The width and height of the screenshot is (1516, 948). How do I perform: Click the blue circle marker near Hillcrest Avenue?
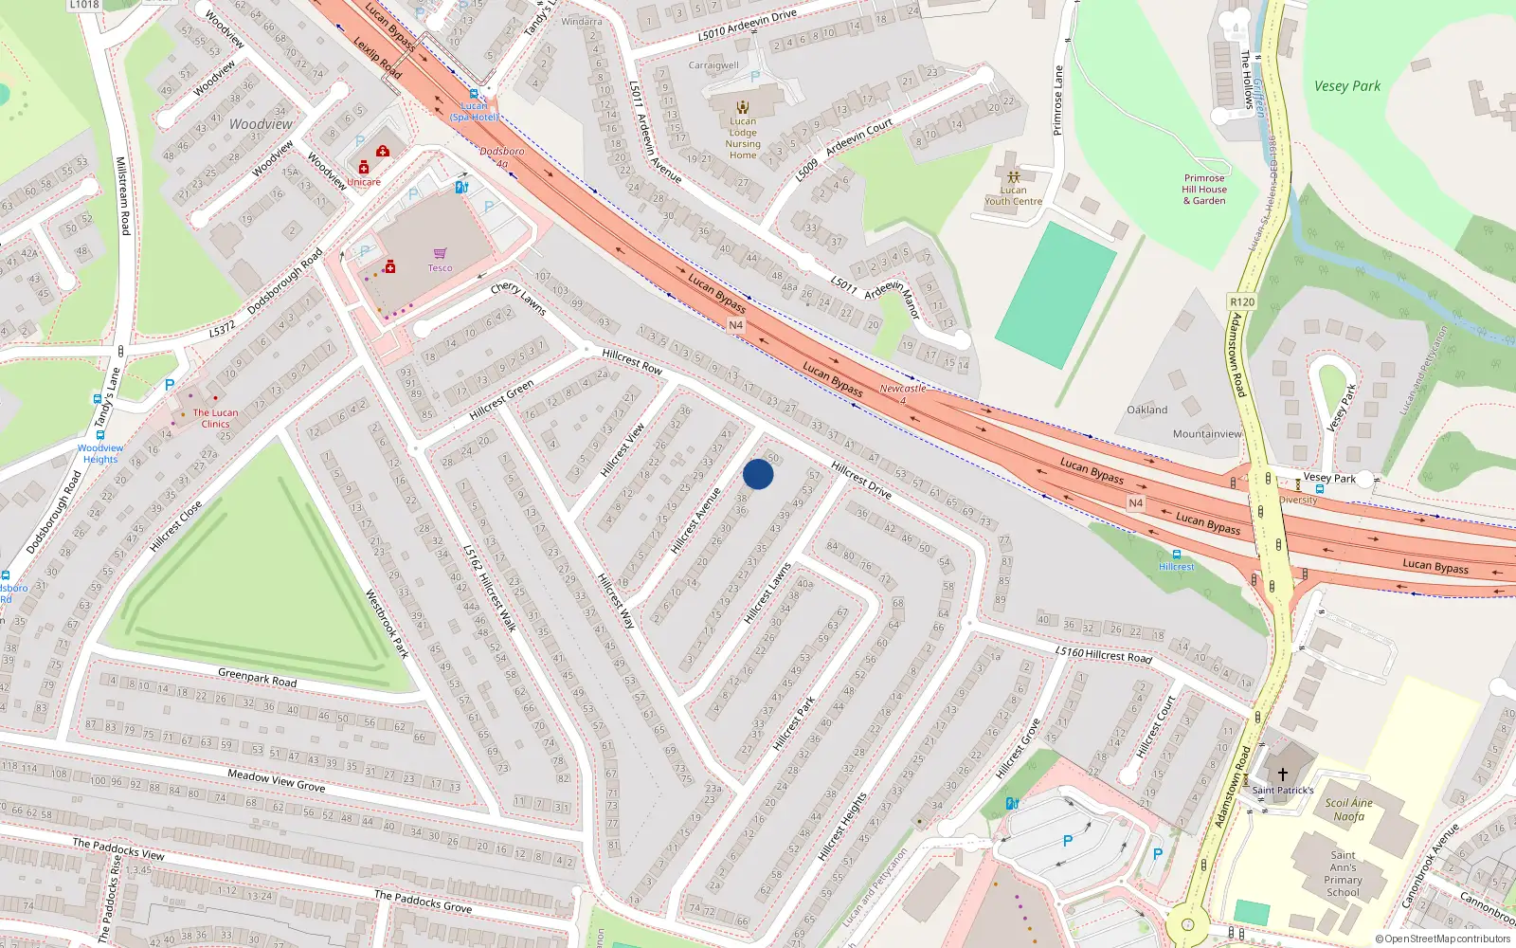tap(758, 474)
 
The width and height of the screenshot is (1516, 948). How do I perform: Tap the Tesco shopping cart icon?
tap(440, 253)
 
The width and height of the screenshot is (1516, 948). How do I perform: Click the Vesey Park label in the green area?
tap(1346, 86)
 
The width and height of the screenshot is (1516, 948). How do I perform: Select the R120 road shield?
tap(1241, 301)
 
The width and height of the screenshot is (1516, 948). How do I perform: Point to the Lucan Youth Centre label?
tap(1013, 195)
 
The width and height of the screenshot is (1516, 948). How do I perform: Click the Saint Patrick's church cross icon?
tap(1283, 775)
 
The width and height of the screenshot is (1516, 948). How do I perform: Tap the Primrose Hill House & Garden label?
tap(1204, 190)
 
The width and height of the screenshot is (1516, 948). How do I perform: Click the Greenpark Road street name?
tap(257, 678)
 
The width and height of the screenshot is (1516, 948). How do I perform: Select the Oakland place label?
tap(1146, 410)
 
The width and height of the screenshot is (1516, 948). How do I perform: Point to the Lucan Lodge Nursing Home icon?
tap(743, 107)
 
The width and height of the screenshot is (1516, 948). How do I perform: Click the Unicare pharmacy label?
tap(364, 182)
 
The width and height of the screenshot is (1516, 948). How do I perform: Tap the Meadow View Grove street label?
tap(276, 780)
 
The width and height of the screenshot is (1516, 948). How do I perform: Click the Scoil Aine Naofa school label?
tap(1348, 809)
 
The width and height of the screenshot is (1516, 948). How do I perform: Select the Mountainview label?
tap(1207, 433)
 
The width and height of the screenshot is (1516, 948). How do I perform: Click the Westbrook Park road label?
tap(387, 623)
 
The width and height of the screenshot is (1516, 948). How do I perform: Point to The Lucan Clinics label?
tap(215, 418)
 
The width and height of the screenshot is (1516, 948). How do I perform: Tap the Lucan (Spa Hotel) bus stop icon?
tap(474, 94)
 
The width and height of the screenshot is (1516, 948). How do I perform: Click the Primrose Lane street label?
tap(1058, 100)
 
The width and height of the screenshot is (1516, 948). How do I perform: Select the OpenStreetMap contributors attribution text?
tap(1443, 939)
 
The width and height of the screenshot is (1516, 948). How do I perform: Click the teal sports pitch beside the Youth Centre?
tap(1056, 295)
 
